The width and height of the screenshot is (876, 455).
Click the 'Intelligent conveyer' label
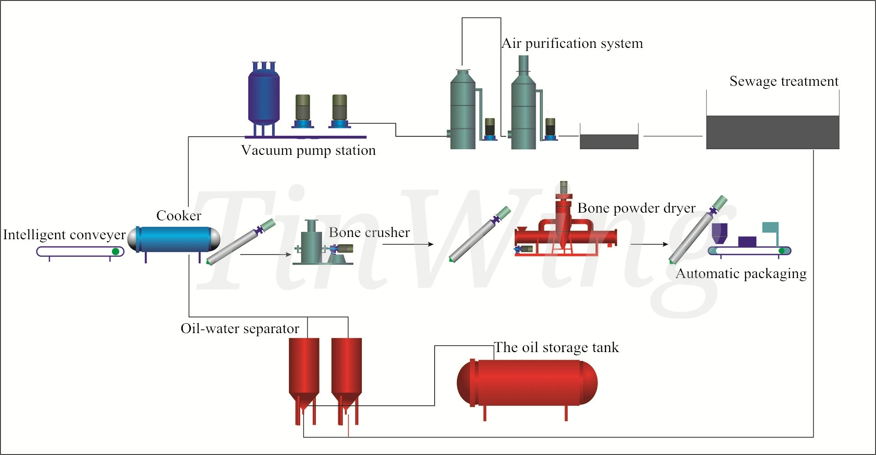tap(64, 235)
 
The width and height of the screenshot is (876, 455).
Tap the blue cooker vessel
tap(174, 239)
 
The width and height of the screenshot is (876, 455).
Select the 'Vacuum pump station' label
tap(308, 150)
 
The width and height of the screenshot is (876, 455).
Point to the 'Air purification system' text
tap(572, 43)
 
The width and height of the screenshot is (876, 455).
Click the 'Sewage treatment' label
tap(784, 81)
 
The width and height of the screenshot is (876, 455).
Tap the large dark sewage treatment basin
tap(772, 132)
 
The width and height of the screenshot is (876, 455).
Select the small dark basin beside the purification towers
tap(609, 141)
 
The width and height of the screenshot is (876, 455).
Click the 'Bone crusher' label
tap(369, 232)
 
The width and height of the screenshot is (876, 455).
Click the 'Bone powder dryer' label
tap(636, 208)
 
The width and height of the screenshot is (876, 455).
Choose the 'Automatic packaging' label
tap(741, 274)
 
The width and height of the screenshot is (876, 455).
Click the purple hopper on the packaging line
tap(719, 232)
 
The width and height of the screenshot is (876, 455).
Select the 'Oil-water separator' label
tap(240, 329)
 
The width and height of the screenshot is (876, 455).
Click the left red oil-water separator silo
tap(304, 368)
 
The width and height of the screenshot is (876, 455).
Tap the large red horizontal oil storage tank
tap(527, 383)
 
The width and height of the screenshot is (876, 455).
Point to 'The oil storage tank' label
tap(556, 348)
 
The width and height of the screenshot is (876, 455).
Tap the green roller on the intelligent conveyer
tap(116, 251)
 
